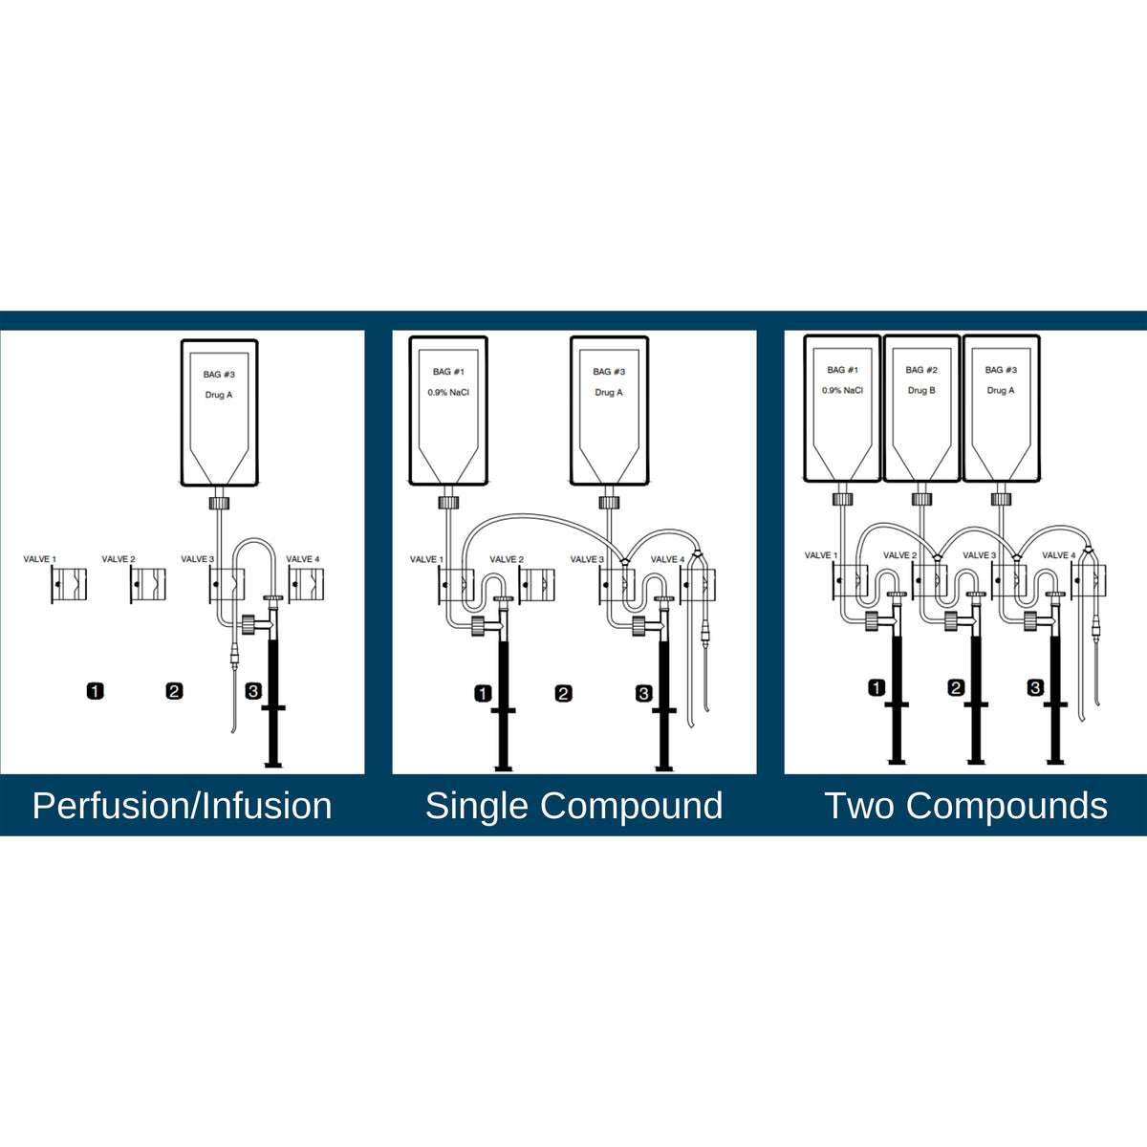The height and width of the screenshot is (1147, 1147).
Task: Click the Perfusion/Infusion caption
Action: [182, 807]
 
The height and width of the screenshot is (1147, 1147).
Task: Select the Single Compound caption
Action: [573, 807]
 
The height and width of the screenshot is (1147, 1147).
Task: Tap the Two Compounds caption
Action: [965, 806]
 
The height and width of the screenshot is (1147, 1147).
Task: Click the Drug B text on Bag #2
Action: [921, 391]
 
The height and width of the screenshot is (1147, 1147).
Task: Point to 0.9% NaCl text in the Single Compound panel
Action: [448, 393]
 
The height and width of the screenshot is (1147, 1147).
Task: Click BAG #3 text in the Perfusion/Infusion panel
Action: [219, 375]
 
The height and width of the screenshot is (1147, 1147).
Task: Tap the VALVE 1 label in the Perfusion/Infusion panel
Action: [40, 559]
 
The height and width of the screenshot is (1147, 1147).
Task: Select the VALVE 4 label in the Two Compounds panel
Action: [1059, 555]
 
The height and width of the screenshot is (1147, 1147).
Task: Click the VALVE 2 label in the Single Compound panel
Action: [507, 559]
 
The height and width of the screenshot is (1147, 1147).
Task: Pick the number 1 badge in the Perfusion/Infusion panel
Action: [96, 691]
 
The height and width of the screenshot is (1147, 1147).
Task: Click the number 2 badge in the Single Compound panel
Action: [563, 693]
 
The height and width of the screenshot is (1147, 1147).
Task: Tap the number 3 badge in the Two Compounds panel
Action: [1036, 688]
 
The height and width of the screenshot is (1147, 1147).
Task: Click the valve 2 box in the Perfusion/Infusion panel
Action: [148, 585]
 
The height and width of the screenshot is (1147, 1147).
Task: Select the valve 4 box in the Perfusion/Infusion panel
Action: [306, 585]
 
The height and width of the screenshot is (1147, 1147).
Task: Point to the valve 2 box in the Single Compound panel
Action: [537, 586]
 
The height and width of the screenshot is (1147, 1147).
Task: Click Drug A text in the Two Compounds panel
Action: [1001, 391]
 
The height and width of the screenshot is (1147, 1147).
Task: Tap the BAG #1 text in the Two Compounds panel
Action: [842, 370]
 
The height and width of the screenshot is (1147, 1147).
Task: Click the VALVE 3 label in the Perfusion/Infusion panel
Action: [198, 559]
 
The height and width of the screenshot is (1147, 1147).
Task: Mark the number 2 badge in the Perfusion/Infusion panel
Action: [174, 691]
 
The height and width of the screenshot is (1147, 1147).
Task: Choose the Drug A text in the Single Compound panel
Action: [608, 393]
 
